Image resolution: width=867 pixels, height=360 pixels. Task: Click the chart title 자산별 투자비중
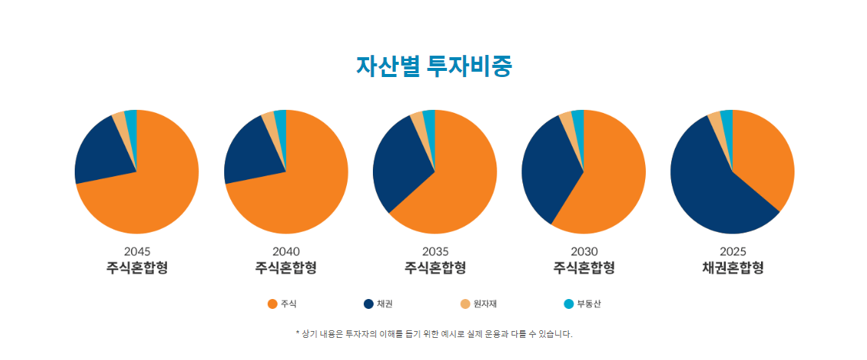point(433,66)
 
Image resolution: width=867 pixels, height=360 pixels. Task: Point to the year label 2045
point(137,251)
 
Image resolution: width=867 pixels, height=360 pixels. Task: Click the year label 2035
point(435,251)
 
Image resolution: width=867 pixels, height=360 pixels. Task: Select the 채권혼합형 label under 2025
point(732,268)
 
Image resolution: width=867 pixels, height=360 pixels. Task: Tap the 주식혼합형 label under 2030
point(583,268)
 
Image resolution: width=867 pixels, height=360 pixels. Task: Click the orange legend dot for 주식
point(272,304)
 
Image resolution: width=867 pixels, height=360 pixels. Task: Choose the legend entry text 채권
point(385,304)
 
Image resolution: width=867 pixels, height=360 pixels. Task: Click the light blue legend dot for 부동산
point(568,304)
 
